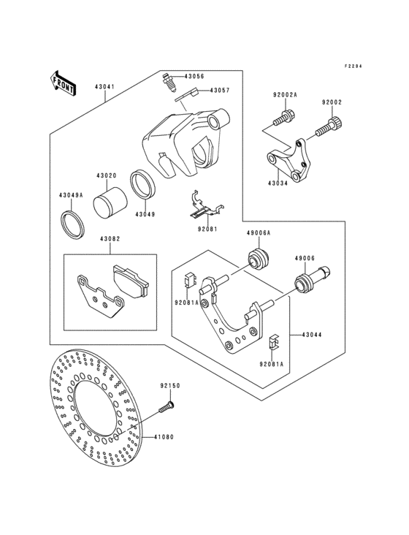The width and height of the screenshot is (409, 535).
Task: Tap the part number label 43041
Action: pos(104,87)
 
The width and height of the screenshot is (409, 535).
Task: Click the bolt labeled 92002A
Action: pos(285,115)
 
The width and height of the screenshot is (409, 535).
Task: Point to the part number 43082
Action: pos(110,239)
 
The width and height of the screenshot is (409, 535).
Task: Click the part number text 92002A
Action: pos(284,94)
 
